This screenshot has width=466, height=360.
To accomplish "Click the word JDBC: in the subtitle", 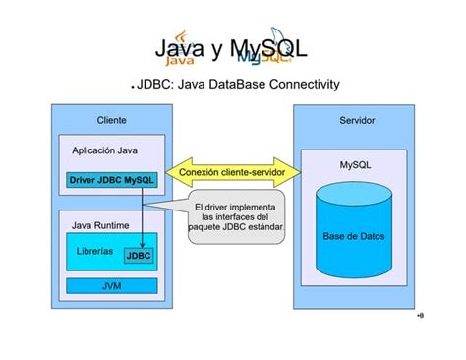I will coord(155,85).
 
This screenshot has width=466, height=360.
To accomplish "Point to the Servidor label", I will coord(356,120).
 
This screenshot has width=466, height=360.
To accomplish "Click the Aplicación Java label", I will coord(105,151).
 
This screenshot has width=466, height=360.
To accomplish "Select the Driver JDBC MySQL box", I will coord(112,181).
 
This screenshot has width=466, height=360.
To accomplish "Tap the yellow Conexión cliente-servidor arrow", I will coord(233,172).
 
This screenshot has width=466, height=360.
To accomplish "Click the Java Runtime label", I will coord(102,225).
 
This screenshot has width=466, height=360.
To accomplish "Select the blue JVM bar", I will coord(112,286).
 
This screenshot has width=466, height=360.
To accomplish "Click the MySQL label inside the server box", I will coord(355,165).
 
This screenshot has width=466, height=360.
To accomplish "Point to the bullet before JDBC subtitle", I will coord(133,87).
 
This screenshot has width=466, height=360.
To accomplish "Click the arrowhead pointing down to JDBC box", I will coord(142,245).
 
